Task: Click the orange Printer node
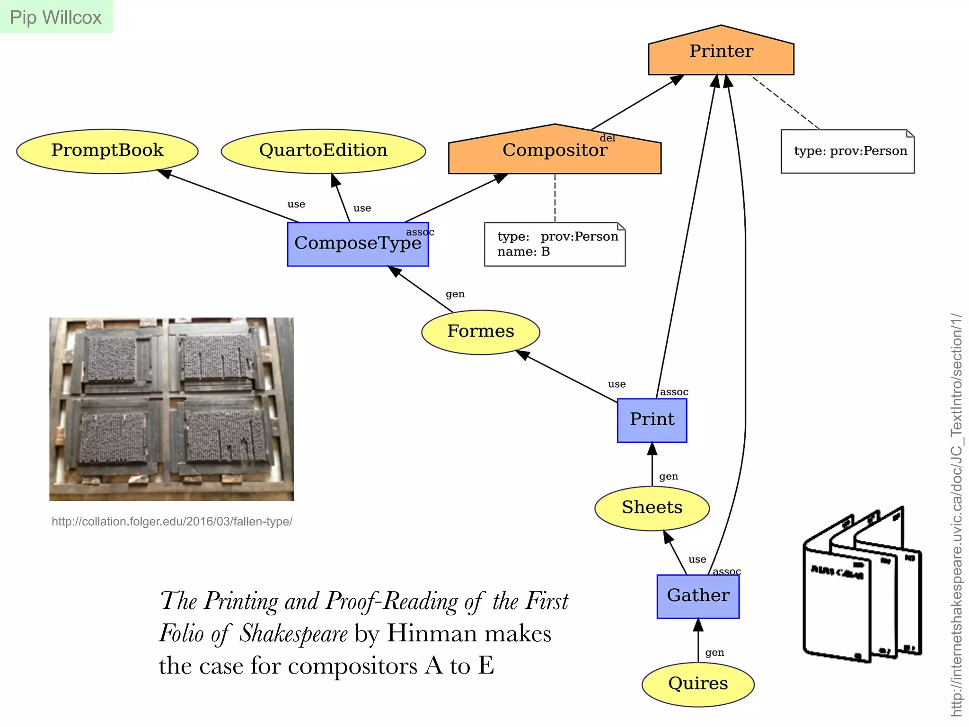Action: click(721, 52)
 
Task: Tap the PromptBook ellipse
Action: click(107, 151)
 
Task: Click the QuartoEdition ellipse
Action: click(323, 151)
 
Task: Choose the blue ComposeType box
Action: click(358, 244)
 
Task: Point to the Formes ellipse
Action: click(480, 332)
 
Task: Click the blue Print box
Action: click(652, 420)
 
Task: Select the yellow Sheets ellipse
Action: click(652, 508)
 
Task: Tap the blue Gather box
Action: click(698, 596)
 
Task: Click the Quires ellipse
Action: click(698, 684)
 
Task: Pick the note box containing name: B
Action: click(555, 244)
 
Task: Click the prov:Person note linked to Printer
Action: click(847, 151)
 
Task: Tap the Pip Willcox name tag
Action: click(56, 17)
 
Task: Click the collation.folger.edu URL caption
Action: click(172, 522)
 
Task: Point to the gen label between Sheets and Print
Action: click(668, 477)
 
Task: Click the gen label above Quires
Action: click(714, 653)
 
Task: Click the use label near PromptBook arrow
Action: click(296, 204)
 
